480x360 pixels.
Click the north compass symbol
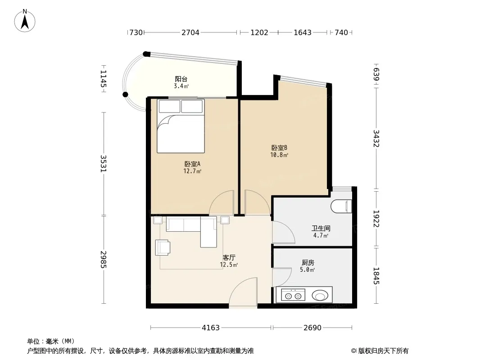[25, 21]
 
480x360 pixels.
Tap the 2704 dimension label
[190, 32]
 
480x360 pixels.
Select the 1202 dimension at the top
[259, 32]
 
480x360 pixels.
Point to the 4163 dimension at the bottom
[211, 328]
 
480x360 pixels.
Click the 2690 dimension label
[312, 328]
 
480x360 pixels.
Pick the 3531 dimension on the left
[104, 164]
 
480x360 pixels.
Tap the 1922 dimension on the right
[376, 219]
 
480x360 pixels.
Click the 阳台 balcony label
[181, 79]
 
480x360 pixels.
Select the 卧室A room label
[192, 164]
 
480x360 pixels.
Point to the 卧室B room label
[279, 148]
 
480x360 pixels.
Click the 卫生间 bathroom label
[321, 228]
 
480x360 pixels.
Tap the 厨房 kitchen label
[308, 262]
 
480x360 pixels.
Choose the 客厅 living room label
[229, 257]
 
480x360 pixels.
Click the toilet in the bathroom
[341, 206]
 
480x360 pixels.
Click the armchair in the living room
[163, 247]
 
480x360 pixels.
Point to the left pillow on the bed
[169, 107]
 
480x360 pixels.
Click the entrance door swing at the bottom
[243, 292]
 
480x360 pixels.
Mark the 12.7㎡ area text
[192, 171]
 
